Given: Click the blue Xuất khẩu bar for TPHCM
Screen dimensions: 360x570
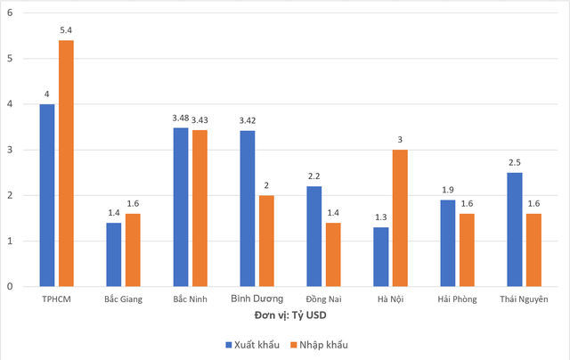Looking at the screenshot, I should point(47,195).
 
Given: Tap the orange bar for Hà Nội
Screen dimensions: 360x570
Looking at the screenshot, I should point(400,218).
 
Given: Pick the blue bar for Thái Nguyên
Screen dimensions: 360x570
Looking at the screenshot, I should point(513,229).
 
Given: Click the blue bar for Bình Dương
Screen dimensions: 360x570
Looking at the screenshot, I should point(247,209).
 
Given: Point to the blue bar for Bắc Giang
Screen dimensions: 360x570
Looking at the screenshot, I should point(113,255).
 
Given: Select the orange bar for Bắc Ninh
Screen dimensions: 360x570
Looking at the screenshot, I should point(199,209).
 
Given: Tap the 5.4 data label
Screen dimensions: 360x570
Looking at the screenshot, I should point(67,32).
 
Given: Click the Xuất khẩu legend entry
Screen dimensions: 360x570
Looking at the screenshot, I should point(252,343).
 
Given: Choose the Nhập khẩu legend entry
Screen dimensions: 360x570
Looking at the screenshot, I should point(319,343).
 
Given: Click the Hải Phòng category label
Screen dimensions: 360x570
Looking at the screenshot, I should point(457,299).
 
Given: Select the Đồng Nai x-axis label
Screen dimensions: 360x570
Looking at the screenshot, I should point(323,299).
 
